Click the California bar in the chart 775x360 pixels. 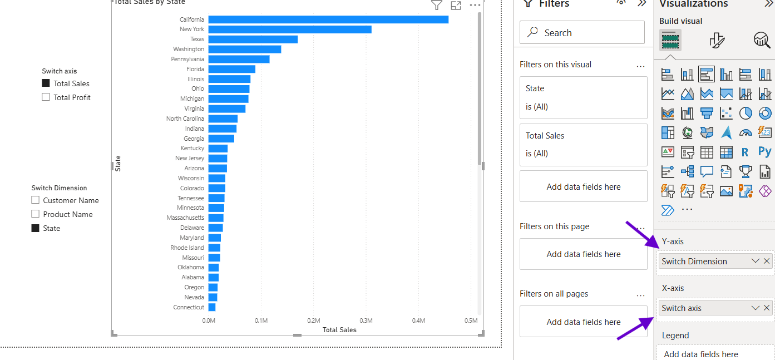[x=328, y=19]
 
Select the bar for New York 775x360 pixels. [x=290, y=29]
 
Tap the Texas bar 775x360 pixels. [x=253, y=40]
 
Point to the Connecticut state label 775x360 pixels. [x=189, y=307]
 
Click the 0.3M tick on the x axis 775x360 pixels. [x=366, y=320]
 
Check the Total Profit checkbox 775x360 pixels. [x=46, y=97]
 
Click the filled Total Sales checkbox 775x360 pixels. [x=46, y=83]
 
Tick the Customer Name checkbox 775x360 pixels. [x=36, y=200]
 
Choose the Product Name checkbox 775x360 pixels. [x=36, y=214]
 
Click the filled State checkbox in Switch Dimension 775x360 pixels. [x=36, y=228]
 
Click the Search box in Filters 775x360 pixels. [x=582, y=33]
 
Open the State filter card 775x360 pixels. [x=583, y=97]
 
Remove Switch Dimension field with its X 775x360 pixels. [x=767, y=261]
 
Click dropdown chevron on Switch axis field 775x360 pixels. [x=755, y=308]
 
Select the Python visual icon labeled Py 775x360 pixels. [x=764, y=151]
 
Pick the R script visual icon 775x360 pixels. [x=745, y=152]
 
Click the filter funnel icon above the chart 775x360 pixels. [x=437, y=6]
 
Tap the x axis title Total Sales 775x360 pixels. [x=339, y=330]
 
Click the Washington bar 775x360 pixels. [x=245, y=50]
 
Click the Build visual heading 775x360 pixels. [x=680, y=21]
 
